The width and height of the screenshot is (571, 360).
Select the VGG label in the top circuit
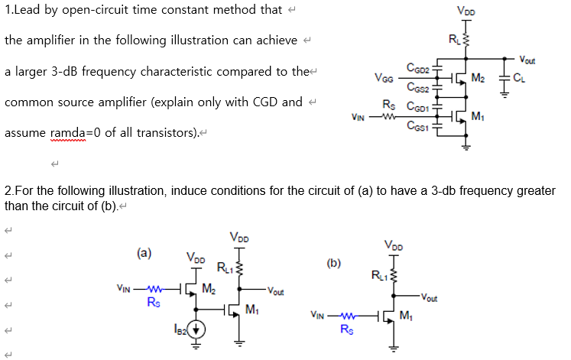384,78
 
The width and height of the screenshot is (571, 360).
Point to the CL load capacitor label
519,78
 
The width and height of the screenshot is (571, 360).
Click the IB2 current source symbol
197,329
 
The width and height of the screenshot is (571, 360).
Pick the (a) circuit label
143,251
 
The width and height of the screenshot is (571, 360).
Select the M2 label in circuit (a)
209,288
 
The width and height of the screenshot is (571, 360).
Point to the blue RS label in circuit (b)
346,330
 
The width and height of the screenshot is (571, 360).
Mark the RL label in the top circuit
454,39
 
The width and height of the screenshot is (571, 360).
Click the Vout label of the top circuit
527,59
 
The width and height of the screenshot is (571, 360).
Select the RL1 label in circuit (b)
378,274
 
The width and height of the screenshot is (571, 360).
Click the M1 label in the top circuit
478,116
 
